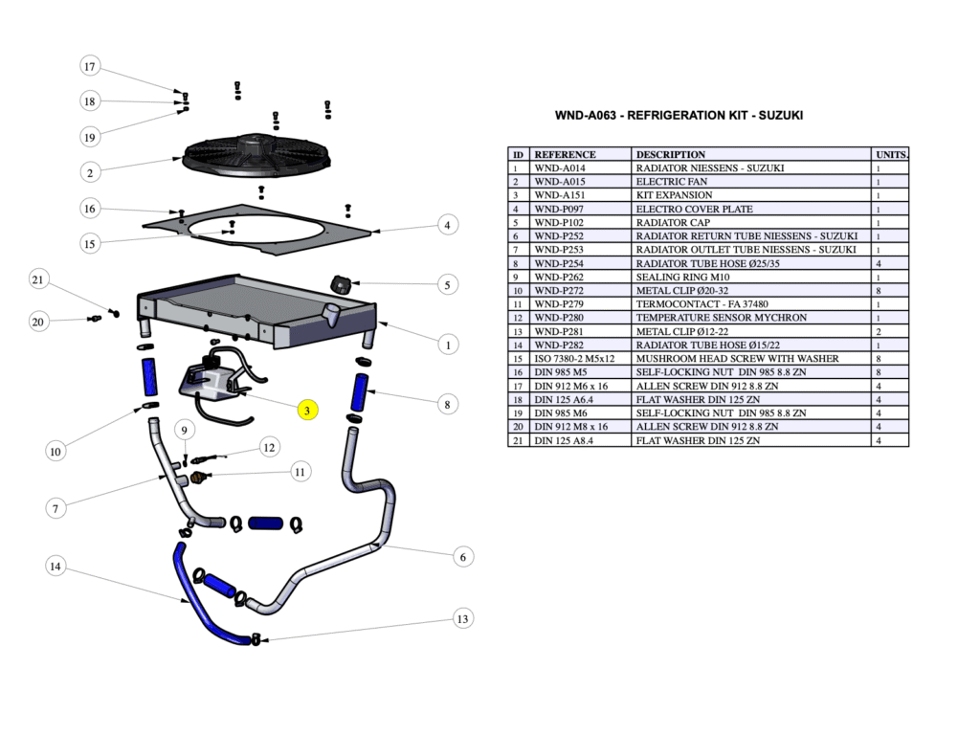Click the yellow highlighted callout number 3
[306, 410]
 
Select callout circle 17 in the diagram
[90, 66]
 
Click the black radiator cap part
[342, 283]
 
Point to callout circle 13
[463, 619]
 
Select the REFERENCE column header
[565, 154]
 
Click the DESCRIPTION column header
[670, 154]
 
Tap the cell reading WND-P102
[559, 222]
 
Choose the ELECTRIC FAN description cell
[672, 182]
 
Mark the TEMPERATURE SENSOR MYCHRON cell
[707, 318]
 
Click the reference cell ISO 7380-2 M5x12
[574, 359]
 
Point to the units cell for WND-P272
[878, 291]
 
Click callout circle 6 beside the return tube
[463, 557]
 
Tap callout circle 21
[38, 279]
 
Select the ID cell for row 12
[518, 318]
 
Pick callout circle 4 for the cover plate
[447, 225]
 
